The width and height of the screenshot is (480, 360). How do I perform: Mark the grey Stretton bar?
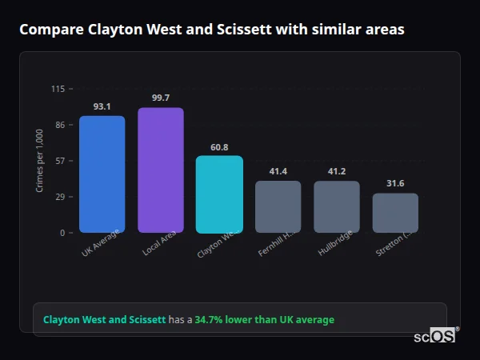click(x=395, y=213)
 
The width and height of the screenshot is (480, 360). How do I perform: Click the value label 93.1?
click(x=102, y=106)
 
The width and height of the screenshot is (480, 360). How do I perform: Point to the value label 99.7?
click(x=161, y=98)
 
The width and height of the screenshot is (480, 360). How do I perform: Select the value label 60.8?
click(x=219, y=147)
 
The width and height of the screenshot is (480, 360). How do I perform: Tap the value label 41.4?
click(x=278, y=171)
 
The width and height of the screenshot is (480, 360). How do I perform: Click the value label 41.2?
click(x=337, y=171)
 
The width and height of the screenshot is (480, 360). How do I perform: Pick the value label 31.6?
click(x=395, y=184)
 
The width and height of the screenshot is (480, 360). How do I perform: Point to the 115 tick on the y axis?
click(x=58, y=89)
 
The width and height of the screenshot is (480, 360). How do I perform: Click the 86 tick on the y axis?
click(x=60, y=125)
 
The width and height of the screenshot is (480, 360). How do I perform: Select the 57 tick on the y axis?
click(x=60, y=161)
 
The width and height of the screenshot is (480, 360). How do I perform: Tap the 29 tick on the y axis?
click(x=60, y=197)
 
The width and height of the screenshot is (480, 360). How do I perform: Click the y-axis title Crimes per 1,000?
click(x=40, y=161)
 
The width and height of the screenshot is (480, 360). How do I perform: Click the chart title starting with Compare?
click(x=211, y=30)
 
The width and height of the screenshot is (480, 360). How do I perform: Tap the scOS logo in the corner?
click(x=435, y=337)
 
